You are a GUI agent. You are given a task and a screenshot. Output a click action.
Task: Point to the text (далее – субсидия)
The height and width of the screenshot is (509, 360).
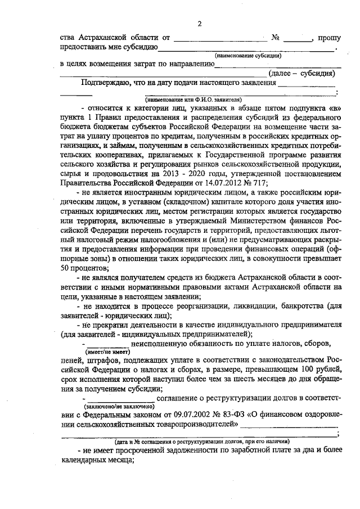302,73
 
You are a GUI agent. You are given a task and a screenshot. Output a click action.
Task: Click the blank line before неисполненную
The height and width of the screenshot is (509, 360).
107,343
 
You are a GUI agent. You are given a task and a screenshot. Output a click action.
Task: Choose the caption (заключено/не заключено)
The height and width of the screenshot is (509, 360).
119,406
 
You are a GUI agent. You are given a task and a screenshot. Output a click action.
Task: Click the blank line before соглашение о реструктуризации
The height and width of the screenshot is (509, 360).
119,398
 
